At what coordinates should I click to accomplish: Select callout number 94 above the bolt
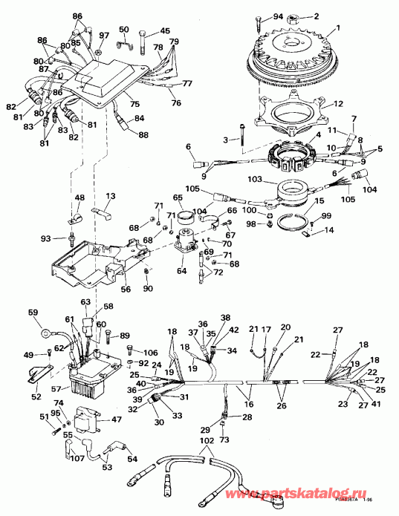pos(258,16)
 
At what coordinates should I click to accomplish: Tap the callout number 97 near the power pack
pos(104,36)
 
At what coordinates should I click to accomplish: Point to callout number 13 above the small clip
pos(110,196)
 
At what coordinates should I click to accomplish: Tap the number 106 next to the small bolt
pos(151,352)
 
